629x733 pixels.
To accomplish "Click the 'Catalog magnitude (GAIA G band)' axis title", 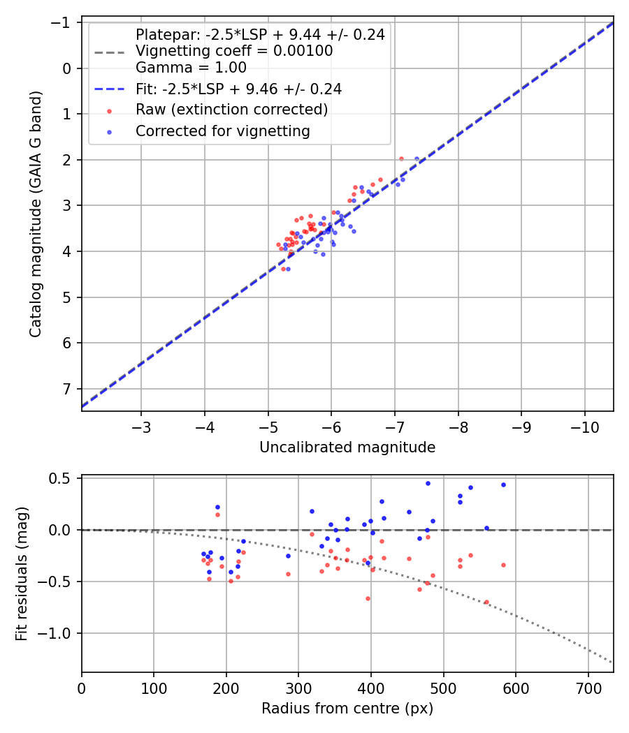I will point(36,213).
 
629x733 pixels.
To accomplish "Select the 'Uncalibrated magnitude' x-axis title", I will point(347,447).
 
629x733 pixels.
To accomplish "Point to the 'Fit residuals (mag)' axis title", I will point(22,574).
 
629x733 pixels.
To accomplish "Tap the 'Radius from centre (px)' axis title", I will point(347,709).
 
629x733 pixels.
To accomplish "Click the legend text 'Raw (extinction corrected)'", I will point(231,110).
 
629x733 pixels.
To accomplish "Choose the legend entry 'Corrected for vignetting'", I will point(222,131).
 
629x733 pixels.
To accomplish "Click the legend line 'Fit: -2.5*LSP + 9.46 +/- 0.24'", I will point(109,89).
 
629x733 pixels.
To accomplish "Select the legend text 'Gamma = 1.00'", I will point(191,68).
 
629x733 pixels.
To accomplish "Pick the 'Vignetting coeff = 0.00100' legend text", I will point(234,51).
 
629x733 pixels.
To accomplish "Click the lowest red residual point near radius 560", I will point(486,602).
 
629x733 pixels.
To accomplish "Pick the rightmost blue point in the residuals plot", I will point(503,484).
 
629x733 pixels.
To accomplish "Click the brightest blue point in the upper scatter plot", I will point(417,159).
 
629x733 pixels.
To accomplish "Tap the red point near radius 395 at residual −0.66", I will point(368,598).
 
